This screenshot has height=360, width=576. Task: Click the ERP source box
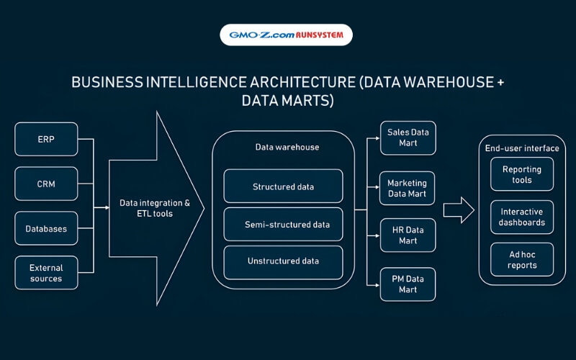(x=46, y=139)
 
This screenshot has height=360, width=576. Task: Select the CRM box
(x=46, y=184)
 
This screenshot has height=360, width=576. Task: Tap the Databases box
(x=46, y=228)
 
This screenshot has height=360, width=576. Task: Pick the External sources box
(x=46, y=273)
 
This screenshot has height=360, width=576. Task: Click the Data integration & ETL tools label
(x=155, y=208)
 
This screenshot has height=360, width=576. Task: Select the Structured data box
(x=283, y=186)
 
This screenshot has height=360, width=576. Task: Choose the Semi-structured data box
(x=283, y=225)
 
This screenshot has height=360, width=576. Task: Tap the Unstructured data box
(x=283, y=261)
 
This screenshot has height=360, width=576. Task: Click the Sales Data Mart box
(x=408, y=138)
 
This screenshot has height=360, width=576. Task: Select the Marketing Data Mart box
(x=408, y=188)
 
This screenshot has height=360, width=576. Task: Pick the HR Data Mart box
(x=408, y=235)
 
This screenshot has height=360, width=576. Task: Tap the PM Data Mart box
(x=408, y=284)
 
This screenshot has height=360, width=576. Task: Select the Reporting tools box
(x=522, y=174)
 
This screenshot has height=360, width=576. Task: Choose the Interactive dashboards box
(x=522, y=217)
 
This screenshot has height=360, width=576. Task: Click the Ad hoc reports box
(x=522, y=260)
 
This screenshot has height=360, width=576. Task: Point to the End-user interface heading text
(x=522, y=148)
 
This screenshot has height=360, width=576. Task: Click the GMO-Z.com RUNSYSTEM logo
(x=286, y=35)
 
